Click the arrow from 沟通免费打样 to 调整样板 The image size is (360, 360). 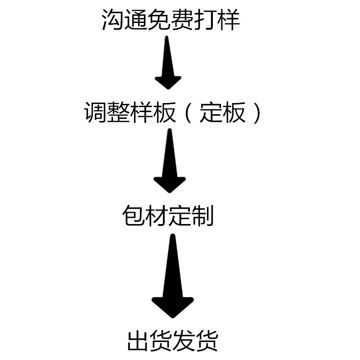[x=167, y=65]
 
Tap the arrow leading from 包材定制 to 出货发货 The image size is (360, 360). [x=172, y=279]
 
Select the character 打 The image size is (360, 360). [x=205, y=20]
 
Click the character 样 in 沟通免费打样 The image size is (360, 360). [x=228, y=20]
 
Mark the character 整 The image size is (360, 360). [x=118, y=112]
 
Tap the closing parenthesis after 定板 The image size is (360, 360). [x=256, y=112]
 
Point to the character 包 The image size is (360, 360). [x=134, y=216]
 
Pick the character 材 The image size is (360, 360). [x=157, y=216]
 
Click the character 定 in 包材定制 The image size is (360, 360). [x=180, y=216]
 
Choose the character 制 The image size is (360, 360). [x=202, y=216]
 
